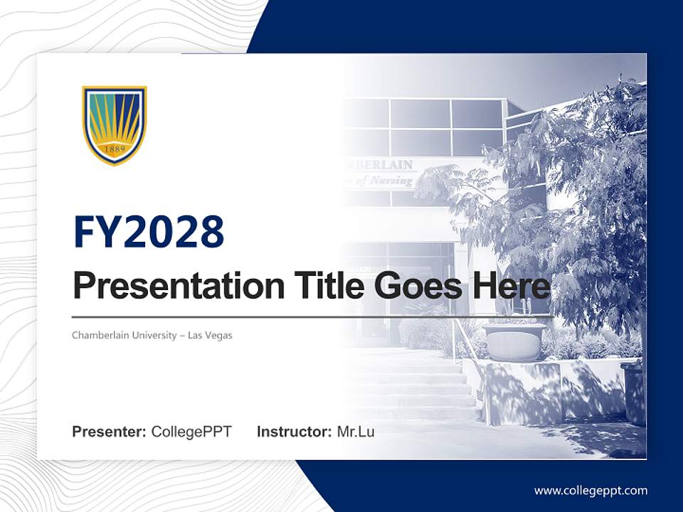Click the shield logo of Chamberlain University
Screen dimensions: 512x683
coord(115,125)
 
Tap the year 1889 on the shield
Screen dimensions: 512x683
coord(115,150)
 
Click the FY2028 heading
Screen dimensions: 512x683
coord(149,232)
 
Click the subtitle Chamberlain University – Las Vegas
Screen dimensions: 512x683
coord(152,335)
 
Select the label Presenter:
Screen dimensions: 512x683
coord(109,432)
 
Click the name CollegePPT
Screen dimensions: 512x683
coord(191,432)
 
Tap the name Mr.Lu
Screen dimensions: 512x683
coord(356,432)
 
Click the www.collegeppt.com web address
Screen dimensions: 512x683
coord(591,491)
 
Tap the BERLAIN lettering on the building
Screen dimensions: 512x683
coord(385,165)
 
